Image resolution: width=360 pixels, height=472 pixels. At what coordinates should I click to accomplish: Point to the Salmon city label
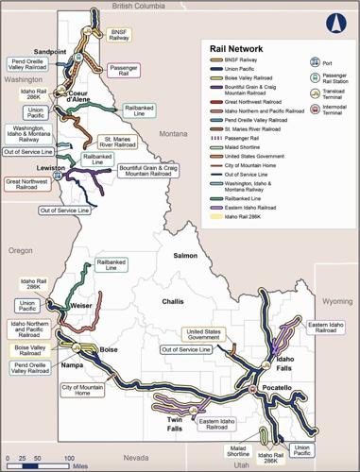[x=183, y=256]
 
